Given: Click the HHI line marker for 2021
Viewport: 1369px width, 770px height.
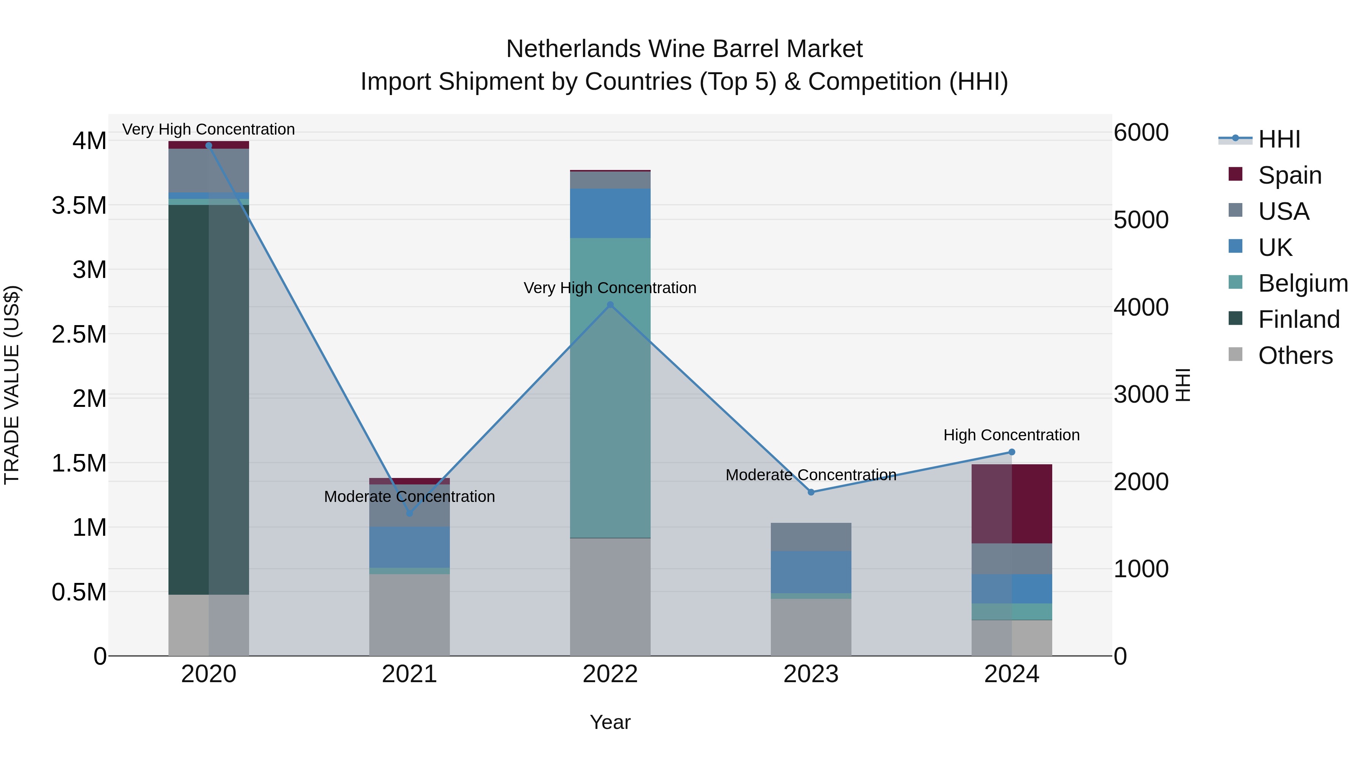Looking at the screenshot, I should pos(409,513).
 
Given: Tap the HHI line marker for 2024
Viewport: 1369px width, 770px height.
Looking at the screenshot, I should pos(1012,452).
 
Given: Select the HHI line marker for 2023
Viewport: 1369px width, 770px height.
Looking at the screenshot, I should pos(811,492).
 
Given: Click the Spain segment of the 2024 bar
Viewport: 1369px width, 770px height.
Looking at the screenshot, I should pos(1012,504).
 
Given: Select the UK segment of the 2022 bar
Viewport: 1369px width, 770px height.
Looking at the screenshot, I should pos(610,213).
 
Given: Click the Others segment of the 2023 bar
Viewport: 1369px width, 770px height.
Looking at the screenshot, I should pos(811,627).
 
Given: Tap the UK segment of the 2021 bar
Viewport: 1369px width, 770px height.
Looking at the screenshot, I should pos(409,547).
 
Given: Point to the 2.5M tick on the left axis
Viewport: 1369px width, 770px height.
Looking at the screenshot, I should pos(79,335).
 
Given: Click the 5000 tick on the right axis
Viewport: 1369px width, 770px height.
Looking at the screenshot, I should pos(1141,220).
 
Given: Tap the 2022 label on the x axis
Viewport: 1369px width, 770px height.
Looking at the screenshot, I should pos(610,674).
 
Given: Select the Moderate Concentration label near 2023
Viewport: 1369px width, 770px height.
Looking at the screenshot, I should pos(811,475).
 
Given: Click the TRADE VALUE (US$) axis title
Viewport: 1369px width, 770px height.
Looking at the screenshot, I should pos(12,385).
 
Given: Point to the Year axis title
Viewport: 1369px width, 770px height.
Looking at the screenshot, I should pos(610,722).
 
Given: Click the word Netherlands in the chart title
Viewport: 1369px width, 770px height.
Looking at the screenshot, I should pos(573,49).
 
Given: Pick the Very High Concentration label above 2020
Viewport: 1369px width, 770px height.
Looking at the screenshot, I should pos(208,129).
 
